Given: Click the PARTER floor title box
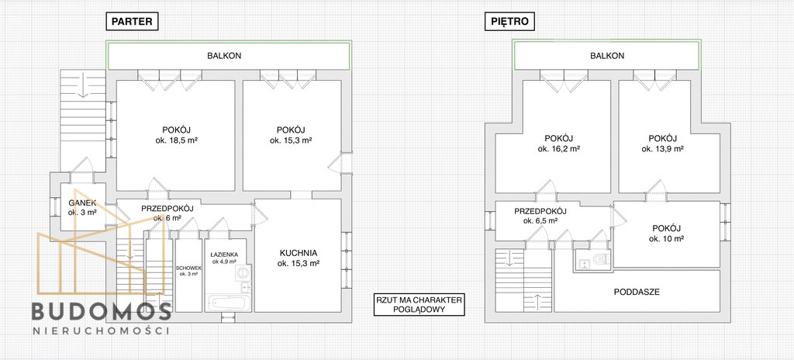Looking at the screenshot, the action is (132, 21).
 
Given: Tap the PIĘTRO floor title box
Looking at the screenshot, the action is (509, 21).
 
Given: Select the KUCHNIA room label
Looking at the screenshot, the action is (299, 252).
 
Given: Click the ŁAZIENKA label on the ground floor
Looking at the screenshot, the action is (224, 254).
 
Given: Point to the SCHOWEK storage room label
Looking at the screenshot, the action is (189, 268).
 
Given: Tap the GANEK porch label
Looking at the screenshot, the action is (82, 203).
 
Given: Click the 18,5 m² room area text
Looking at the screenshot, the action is (176, 140).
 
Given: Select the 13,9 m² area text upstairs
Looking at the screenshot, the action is (663, 149).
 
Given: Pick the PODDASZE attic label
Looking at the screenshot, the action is (637, 292).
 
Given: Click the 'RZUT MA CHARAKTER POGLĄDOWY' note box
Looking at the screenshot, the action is (418, 305).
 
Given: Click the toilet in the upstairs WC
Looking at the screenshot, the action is (601, 260).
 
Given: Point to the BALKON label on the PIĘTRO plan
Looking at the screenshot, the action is (607, 56).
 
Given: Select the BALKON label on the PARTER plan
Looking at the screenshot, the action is (224, 56).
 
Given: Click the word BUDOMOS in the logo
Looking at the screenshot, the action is (102, 311).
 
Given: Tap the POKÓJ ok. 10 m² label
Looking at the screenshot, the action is (666, 234).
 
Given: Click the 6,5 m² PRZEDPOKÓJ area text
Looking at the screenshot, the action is (540, 221).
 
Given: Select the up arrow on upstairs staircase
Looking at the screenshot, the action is (537, 302).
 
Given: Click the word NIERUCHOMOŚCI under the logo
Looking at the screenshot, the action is (101, 331).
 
